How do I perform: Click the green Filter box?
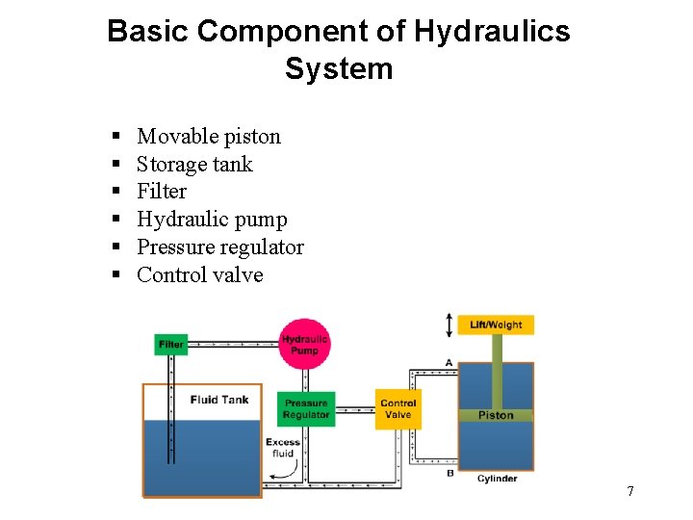click(170, 345)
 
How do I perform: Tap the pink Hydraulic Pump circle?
click(305, 344)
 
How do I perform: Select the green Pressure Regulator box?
click(306, 409)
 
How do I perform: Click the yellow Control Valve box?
click(398, 409)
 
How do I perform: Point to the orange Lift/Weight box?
click(496, 325)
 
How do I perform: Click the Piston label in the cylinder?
click(496, 415)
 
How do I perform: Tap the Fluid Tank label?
click(218, 400)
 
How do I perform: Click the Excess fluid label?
click(282, 448)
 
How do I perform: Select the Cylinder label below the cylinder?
click(497, 479)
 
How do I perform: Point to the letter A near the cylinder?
click(449, 362)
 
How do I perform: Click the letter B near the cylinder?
click(449, 473)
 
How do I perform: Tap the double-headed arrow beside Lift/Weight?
click(449, 325)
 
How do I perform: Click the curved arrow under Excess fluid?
click(282, 471)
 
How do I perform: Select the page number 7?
click(629, 492)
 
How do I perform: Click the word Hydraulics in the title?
click(491, 31)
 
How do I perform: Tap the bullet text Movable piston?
click(209, 137)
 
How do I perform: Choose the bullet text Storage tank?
click(194, 165)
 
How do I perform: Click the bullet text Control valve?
click(199, 275)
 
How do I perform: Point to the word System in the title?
click(339, 69)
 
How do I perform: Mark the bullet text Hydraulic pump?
click(212, 220)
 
